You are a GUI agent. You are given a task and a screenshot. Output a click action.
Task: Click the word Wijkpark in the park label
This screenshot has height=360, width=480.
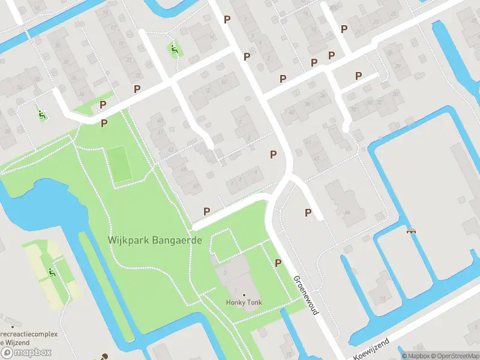(128, 239)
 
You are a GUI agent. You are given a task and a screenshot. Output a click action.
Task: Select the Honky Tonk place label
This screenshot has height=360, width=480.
(244, 302)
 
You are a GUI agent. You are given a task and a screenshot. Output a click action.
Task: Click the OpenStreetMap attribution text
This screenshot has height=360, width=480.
(455, 356)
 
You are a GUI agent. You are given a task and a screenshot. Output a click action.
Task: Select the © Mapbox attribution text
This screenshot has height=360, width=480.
(414, 356)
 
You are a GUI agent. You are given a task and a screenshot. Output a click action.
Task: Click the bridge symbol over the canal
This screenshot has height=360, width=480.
(412, 230)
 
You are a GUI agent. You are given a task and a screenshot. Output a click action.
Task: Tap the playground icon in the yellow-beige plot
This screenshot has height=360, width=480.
(52, 273)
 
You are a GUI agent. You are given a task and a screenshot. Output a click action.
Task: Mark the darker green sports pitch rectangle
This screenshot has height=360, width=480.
(119, 163)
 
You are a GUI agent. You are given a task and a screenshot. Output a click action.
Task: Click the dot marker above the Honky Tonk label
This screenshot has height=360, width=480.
(244, 295)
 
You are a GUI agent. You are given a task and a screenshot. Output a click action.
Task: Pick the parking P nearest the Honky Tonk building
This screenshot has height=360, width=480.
(278, 263)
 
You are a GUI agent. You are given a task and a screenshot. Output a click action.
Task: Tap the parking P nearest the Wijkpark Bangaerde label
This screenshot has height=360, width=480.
(207, 211)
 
